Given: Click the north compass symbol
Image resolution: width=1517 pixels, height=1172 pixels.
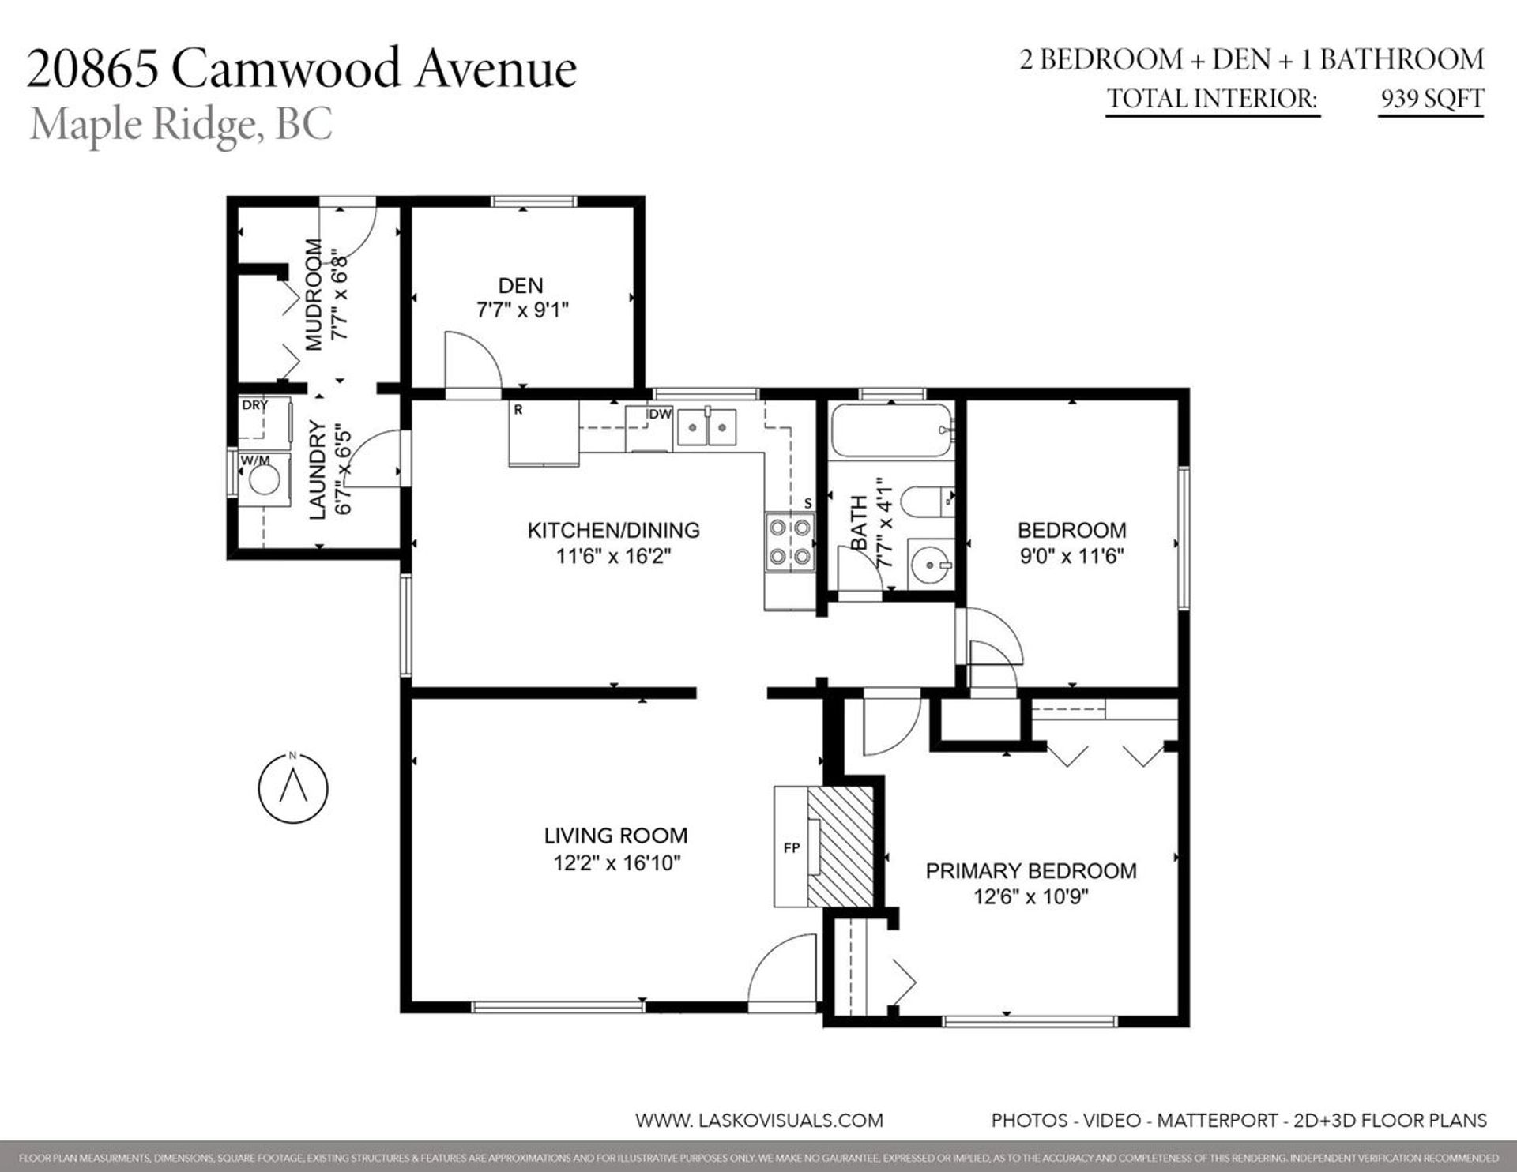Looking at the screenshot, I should (x=293, y=787).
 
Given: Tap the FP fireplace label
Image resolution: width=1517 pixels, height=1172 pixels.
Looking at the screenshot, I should (x=791, y=847).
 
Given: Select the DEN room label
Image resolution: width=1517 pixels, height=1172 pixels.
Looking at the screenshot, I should (x=521, y=285).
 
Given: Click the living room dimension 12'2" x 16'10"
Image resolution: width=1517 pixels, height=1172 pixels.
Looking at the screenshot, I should (x=616, y=862).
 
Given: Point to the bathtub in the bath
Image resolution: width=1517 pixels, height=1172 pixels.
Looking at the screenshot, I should (x=890, y=430).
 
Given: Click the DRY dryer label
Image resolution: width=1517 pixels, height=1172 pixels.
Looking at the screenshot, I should (x=254, y=405).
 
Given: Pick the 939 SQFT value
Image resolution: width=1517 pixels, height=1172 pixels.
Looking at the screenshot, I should (x=1431, y=99).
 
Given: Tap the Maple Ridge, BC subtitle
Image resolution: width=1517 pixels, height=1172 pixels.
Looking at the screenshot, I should (x=181, y=125).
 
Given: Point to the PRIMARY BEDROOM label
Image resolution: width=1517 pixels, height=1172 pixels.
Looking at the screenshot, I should (x=1030, y=870).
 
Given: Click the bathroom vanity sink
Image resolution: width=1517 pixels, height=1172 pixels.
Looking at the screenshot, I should (x=930, y=564).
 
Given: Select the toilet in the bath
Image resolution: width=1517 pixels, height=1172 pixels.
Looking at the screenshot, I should (x=924, y=500).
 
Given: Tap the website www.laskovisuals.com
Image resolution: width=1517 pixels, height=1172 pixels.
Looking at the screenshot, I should (x=758, y=1120).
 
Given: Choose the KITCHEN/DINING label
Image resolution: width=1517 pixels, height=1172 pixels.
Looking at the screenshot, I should (x=613, y=530).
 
